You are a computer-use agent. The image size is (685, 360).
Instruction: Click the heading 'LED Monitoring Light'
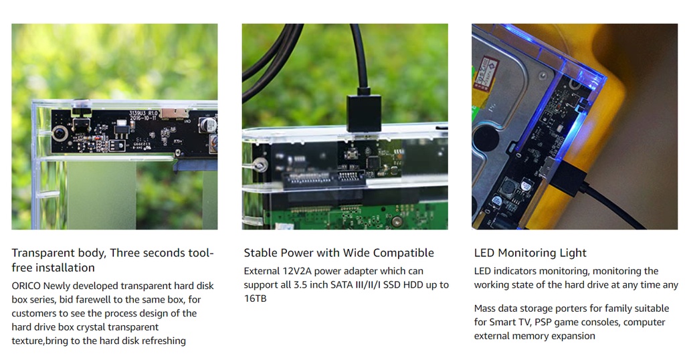[530, 253]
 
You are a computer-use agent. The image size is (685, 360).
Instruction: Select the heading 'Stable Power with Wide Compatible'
[338, 253]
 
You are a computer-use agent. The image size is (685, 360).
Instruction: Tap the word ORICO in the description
[26, 286]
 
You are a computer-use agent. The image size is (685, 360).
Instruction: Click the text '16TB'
[255, 298]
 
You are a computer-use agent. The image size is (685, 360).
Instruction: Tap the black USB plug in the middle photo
[363, 112]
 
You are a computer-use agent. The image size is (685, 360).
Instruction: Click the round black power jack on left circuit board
[60, 132]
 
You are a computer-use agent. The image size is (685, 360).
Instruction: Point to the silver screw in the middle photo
[261, 165]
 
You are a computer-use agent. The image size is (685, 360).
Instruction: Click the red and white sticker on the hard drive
[488, 70]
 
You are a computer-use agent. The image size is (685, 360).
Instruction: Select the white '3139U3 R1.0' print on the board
[143, 116]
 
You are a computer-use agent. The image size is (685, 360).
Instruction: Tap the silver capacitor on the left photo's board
[208, 124]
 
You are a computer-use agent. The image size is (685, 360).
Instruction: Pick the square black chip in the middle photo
[374, 162]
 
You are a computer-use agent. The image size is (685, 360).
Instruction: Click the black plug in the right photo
[568, 175]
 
